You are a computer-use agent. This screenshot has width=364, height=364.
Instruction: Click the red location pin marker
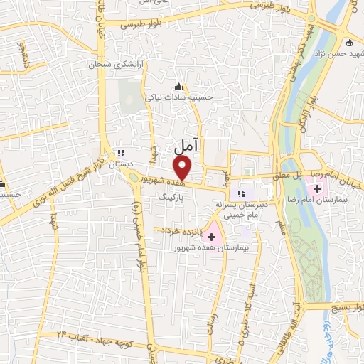[x=183, y=168]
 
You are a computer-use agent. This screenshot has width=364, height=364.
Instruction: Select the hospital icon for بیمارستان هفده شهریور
[x=211, y=236]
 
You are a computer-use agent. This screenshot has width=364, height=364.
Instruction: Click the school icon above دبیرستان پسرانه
[x=240, y=193]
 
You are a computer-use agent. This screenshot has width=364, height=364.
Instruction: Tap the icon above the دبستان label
[x=120, y=152]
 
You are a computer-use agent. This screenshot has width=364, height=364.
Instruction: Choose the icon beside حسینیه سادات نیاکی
[x=178, y=87]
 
